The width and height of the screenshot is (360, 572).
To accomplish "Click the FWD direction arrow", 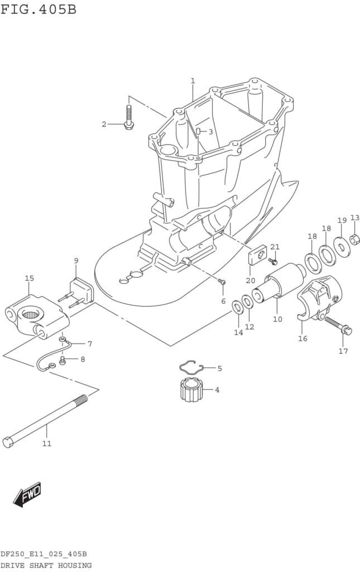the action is (27, 495).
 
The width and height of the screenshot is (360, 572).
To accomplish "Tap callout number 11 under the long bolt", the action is (47, 444).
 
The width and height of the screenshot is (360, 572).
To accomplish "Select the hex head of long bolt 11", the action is (8, 442).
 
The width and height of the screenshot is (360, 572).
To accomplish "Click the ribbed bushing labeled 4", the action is (190, 390).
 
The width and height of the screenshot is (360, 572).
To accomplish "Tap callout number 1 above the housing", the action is (193, 80).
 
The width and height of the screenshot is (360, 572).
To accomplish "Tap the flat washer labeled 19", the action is (342, 247).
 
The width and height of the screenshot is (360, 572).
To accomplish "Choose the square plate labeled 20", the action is (258, 255).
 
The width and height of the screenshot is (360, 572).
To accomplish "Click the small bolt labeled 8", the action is (63, 361).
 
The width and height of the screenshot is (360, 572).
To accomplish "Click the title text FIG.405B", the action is (39, 9).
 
